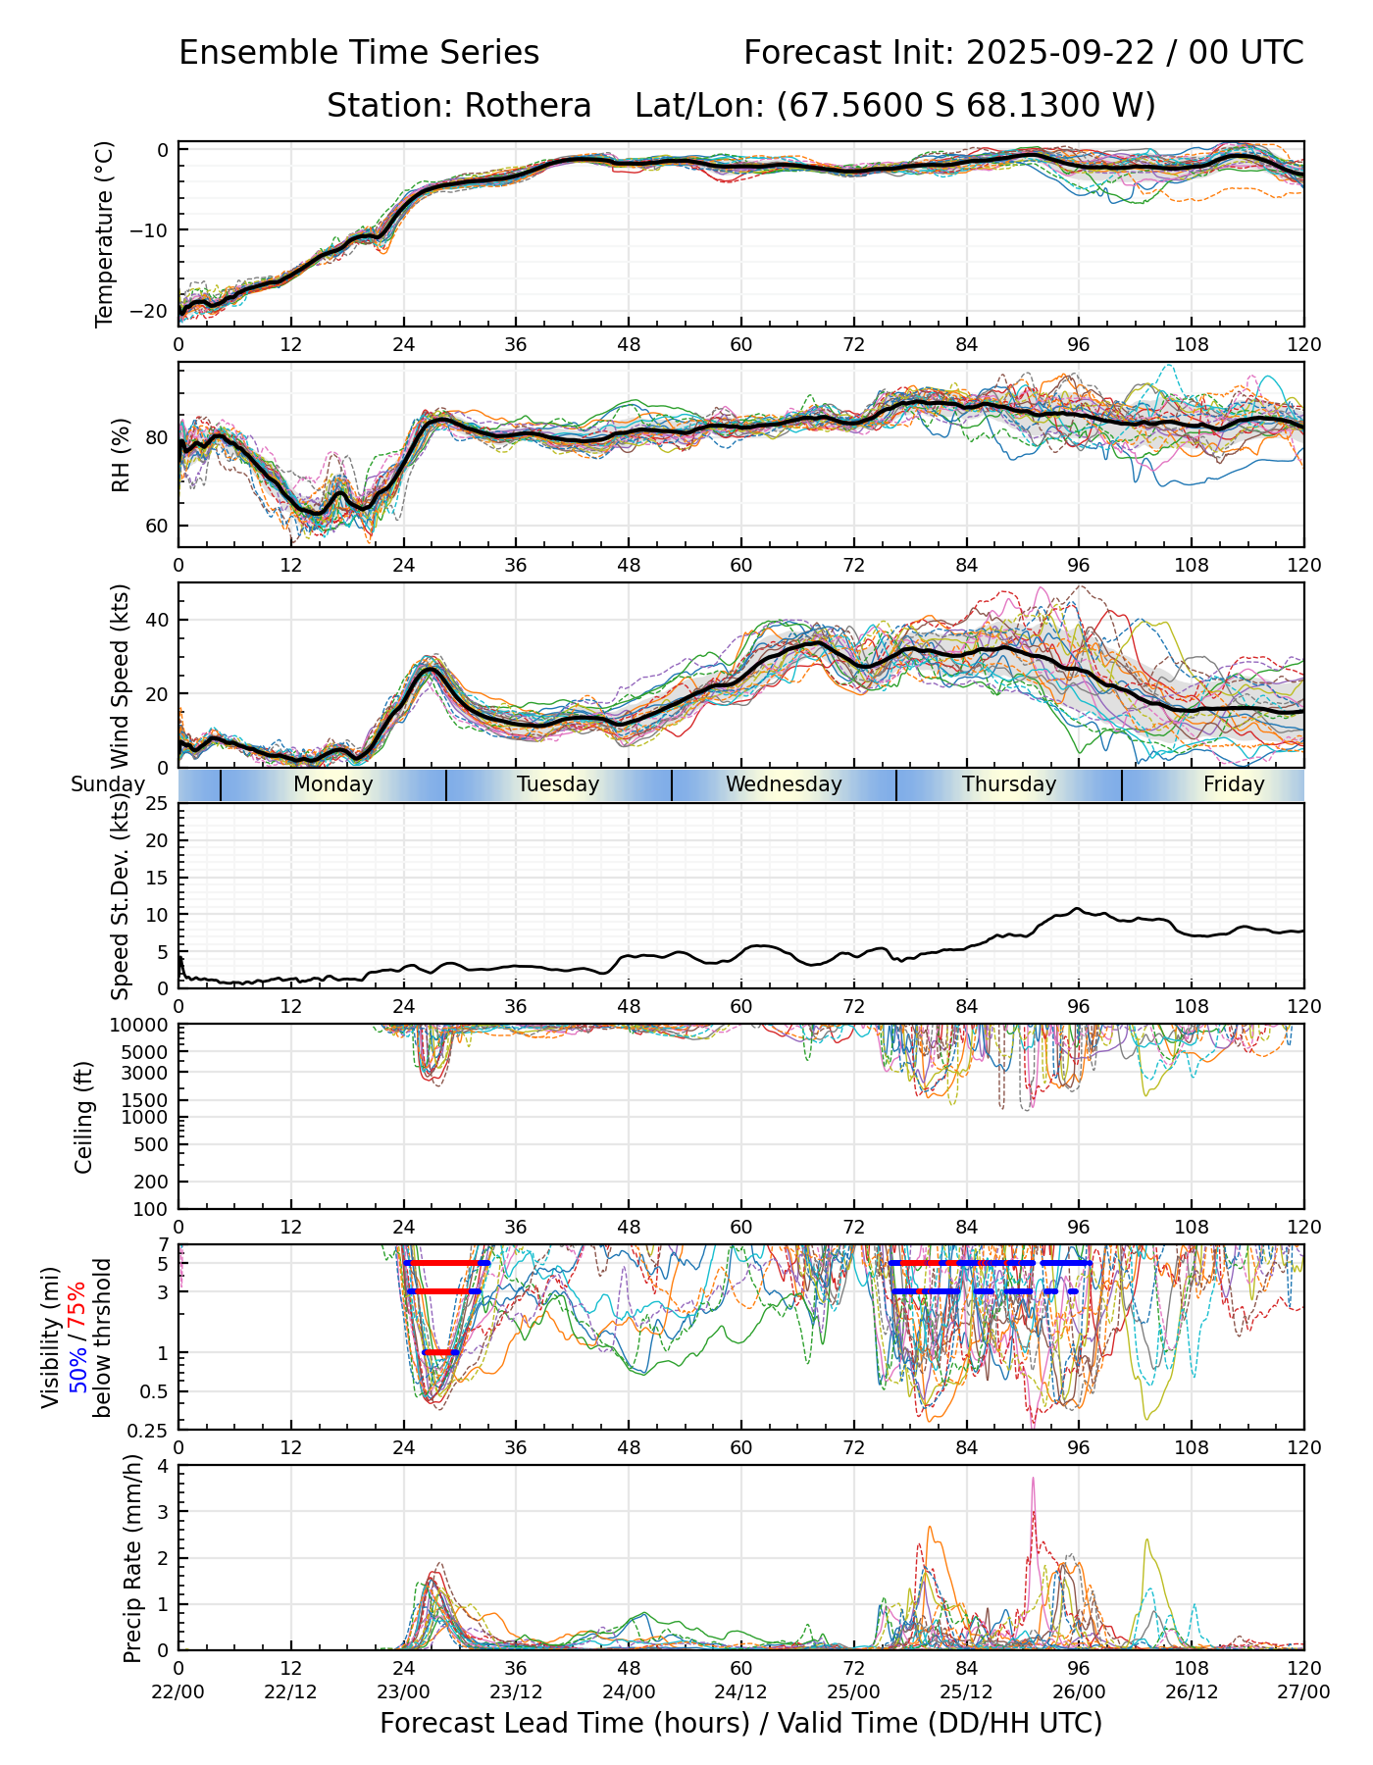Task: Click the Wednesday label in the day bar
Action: click(x=784, y=784)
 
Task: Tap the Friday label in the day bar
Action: click(x=1234, y=784)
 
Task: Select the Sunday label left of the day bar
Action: click(x=108, y=784)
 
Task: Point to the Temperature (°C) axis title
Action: click(x=105, y=233)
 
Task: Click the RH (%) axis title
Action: click(x=121, y=454)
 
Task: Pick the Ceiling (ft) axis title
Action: click(x=84, y=1117)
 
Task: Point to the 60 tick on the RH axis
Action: click(x=157, y=526)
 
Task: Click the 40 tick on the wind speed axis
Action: click(x=157, y=620)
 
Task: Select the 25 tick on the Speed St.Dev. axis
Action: click(x=157, y=804)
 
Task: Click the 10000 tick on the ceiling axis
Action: click(x=141, y=1025)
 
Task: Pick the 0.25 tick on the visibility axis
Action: click(x=150, y=1429)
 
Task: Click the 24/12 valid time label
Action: click(x=741, y=1691)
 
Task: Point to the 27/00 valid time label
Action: click(x=1303, y=1691)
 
